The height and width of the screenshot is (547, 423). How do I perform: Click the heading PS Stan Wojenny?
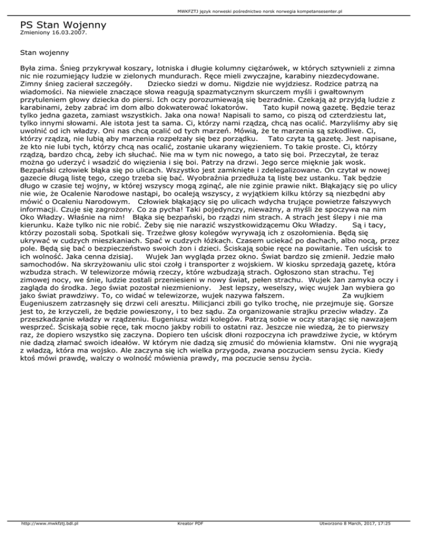click(63, 25)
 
